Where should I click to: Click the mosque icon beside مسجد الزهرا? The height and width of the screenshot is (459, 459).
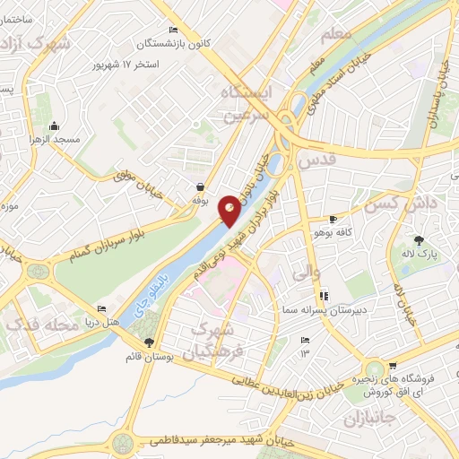coord(56,126)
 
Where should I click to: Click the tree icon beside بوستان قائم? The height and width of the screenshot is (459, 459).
coord(149,342)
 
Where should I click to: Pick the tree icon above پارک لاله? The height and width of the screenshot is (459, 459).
coord(419,239)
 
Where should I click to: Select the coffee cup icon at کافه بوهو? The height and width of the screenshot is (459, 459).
coord(333,218)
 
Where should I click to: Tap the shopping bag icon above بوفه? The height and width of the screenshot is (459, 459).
coord(200,186)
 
